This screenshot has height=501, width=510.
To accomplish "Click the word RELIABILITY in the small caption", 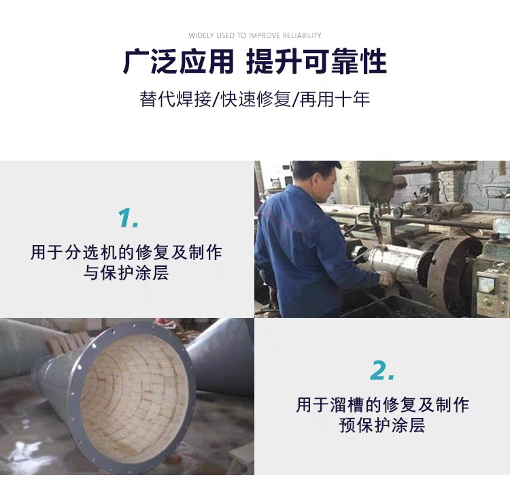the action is [302, 35].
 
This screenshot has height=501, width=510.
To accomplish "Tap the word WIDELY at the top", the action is [201, 35].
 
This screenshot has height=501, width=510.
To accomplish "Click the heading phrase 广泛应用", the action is [178, 61].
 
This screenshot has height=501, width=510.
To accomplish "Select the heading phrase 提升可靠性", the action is [316, 61].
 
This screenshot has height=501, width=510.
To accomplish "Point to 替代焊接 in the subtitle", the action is [175, 99].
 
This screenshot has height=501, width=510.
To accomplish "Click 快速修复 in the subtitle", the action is [256, 99].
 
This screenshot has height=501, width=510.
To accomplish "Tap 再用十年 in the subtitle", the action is [335, 99].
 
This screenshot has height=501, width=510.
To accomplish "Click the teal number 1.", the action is [128, 218].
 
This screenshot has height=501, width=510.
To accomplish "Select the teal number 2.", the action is [382, 370].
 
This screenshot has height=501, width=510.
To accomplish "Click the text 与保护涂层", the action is [126, 273].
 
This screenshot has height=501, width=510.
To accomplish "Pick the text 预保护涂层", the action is [382, 425].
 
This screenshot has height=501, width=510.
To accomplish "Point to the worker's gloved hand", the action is [386, 279].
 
